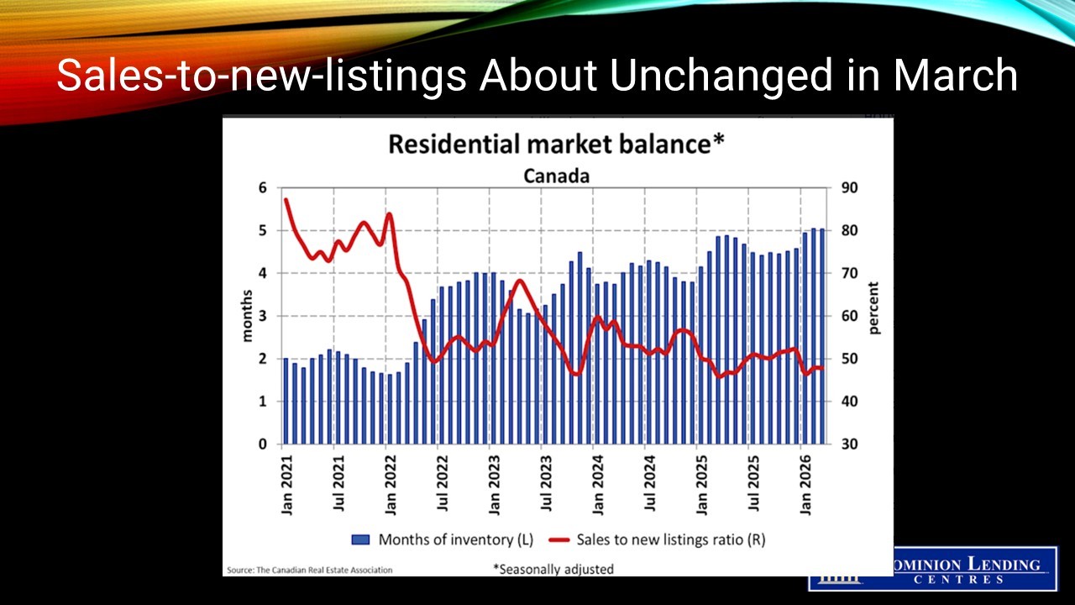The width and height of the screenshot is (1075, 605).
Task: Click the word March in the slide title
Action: click(955, 76)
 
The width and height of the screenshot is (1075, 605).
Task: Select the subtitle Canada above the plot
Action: click(556, 176)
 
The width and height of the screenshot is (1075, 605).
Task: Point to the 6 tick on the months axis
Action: click(263, 188)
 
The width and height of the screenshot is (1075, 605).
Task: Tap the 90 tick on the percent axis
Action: click(849, 188)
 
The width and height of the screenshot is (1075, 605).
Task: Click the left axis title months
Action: click(247, 316)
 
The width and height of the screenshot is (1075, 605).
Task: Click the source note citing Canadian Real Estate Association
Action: click(309, 570)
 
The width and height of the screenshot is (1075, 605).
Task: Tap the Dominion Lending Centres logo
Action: click(932, 570)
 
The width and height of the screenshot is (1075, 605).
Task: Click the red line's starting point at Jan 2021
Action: click(286, 199)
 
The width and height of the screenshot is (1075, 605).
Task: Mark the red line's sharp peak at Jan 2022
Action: click(389, 213)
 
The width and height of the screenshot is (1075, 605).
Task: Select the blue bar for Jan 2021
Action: click(286, 401)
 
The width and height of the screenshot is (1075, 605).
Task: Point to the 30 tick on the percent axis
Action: click(849, 445)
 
